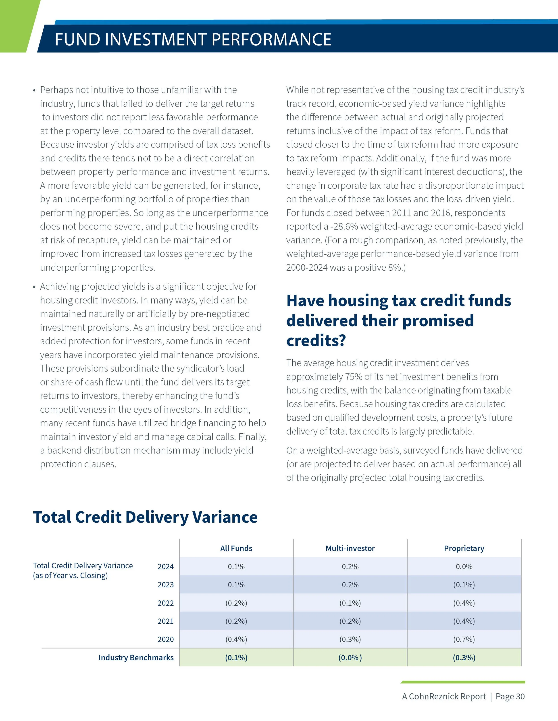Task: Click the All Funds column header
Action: coord(236,548)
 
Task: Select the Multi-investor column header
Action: coord(350,548)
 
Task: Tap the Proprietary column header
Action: coord(464,548)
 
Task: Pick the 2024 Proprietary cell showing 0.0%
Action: coord(464,567)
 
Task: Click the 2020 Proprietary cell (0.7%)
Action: coord(464,639)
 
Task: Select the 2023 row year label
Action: coord(165,585)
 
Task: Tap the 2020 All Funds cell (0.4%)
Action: coord(236,639)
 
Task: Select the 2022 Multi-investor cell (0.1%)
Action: coord(350,603)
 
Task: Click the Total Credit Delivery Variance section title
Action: coord(145,517)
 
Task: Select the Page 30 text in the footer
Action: coord(510,696)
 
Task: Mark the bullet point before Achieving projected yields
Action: coord(34,287)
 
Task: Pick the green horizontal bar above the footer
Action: coord(463,682)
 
